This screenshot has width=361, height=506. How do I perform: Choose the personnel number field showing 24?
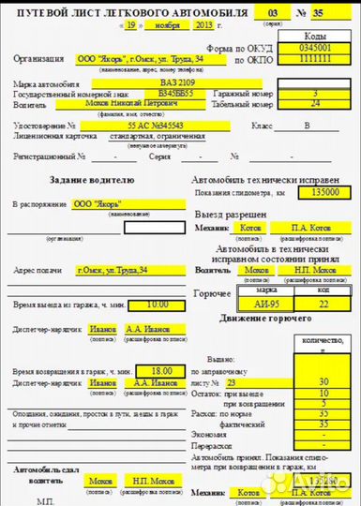tap(314, 104)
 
